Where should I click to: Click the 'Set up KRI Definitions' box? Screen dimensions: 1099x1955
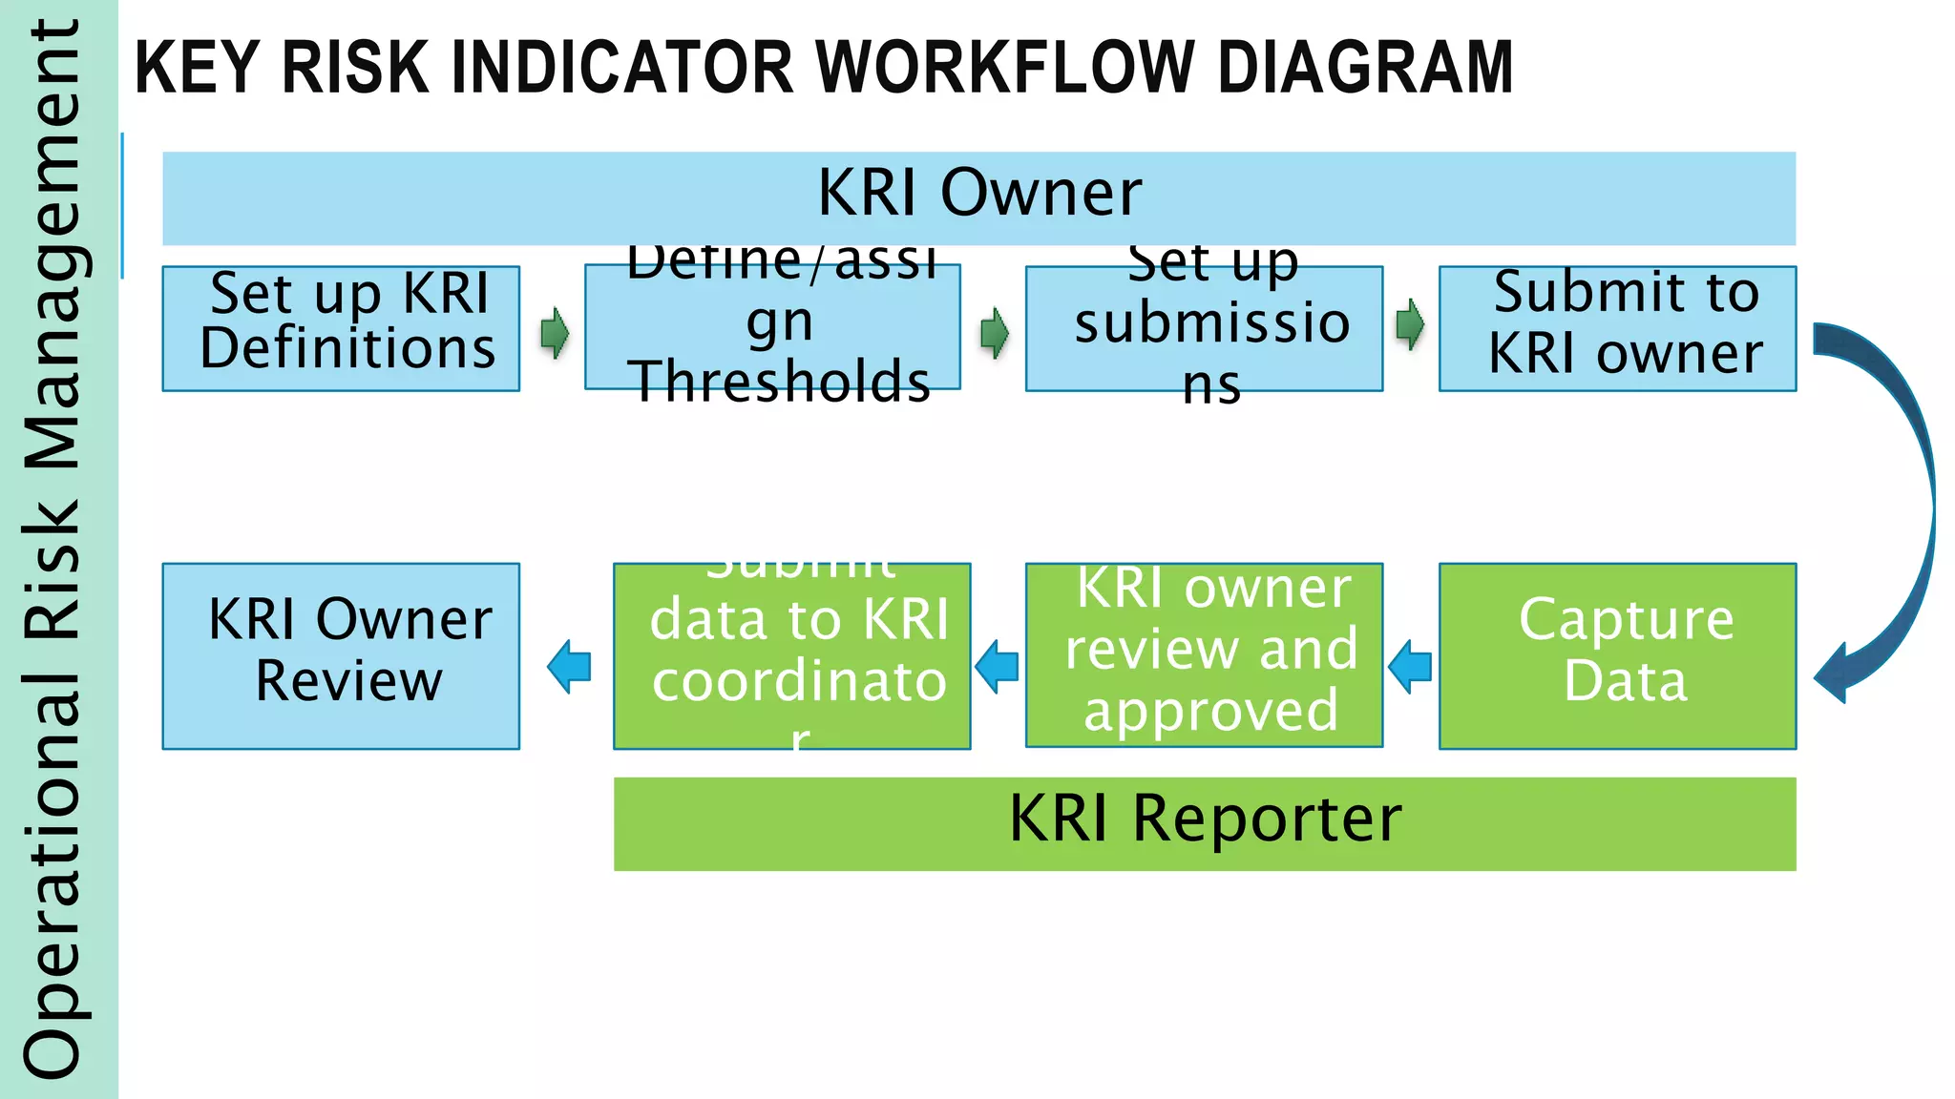[341, 328]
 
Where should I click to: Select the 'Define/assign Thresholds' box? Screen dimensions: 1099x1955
[772, 327]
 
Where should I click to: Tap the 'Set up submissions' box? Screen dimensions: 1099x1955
[1204, 328]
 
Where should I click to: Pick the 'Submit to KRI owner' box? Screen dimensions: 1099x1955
[1617, 328]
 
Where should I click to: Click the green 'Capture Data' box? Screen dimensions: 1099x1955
[1617, 655]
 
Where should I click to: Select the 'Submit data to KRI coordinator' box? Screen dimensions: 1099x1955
[791, 655]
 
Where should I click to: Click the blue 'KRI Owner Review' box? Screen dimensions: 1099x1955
[341, 655]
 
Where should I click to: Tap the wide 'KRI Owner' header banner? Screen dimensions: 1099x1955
[978, 197]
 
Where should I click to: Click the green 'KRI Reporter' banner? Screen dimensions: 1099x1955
[1204, 823]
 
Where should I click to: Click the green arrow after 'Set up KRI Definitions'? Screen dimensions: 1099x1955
[555, 332]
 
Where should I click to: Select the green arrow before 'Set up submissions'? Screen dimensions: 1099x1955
[995, 332]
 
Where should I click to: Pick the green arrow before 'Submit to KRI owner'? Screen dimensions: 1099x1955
[1409, 325]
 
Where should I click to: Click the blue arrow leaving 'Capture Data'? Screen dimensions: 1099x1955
[1410, 666]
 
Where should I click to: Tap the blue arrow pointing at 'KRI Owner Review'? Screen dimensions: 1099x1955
[569, 666]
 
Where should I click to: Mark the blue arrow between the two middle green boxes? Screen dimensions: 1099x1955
[998, 666]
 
